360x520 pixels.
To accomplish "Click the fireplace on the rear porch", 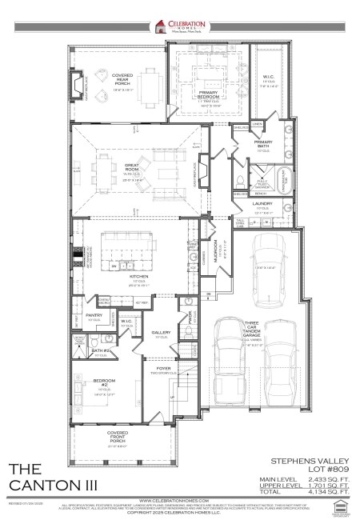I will click(78, 86).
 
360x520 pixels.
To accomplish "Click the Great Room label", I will click(133, 169).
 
